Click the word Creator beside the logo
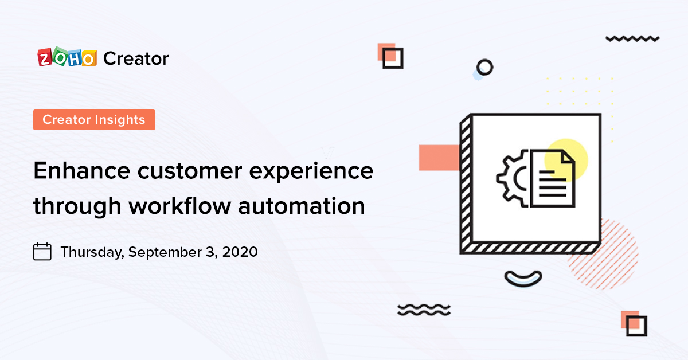pyautogui.click(x=136, y=58)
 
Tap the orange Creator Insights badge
pyautogui.click(x=94, y=120)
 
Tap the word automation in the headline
pyautogui.click(x=306, y=205)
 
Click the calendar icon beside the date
pyautogui.click(x=42, y=252)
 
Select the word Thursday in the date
pyautogui.click(x=92, y=252)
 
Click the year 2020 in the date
pyautogui.click(x=241, y=252)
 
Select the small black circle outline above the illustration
pyautogui.click(x=484, y=67)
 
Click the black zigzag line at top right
pyautogui.click(x=632, y=39)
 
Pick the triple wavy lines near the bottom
pyautogui.click(x=424, y=310)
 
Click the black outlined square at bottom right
pyautogui.click(x=636, y=326)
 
